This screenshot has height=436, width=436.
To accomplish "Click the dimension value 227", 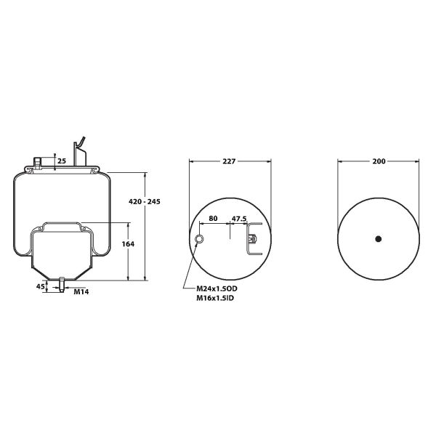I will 229,161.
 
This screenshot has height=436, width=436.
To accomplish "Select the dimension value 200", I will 378,161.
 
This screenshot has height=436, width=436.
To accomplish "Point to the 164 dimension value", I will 128,244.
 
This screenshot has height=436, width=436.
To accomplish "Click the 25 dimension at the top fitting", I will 62,160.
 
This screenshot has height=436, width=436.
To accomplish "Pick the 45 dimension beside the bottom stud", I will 40,286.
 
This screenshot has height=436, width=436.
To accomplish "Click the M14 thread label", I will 81,292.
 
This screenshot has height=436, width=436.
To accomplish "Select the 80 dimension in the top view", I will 214,218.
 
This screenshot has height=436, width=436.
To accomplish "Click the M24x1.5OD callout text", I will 217,288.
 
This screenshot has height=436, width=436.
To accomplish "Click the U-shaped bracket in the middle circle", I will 254,239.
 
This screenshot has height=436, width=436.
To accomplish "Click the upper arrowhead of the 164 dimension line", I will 129,223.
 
